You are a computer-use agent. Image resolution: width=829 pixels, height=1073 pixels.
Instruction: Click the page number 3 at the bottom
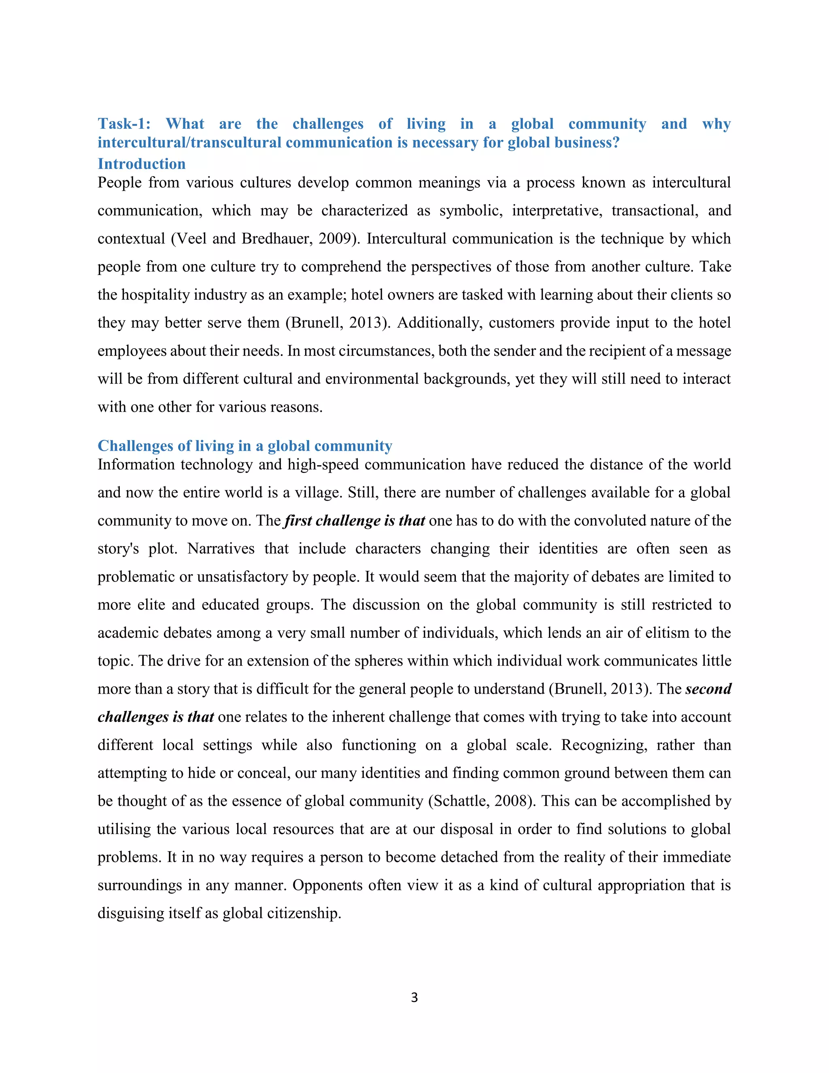click(x=414, y=997)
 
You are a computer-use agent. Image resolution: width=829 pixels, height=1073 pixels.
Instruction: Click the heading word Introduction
click(x=141, y=164)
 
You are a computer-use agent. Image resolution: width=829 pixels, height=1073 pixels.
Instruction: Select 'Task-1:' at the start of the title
click(x=124, y=124)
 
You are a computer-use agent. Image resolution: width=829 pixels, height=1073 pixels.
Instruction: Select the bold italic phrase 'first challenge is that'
click(x=355, y=521)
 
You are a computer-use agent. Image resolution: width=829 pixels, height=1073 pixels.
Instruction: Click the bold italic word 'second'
click(x=708, y=689)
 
